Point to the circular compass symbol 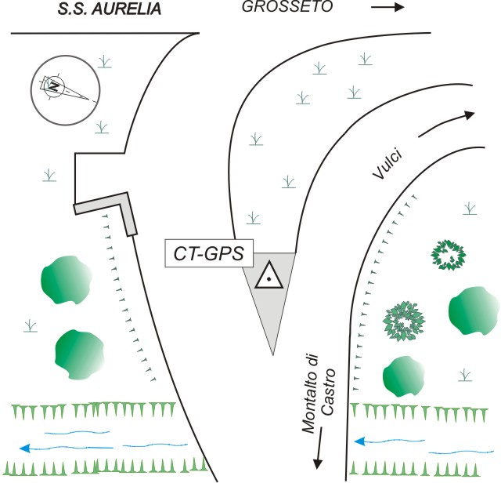click(65, 87)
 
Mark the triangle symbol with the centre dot click(268, 276)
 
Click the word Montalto click(312, 402)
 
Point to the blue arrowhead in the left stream click(26, 448)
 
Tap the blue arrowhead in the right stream click(359, 441)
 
